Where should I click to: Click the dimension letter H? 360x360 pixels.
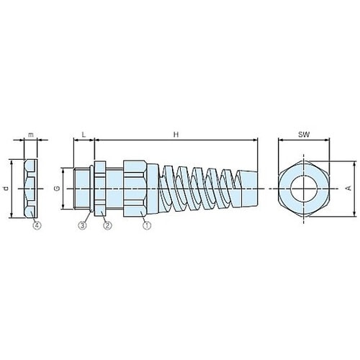coord(176,135)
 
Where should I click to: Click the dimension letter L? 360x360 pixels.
coord(84,135)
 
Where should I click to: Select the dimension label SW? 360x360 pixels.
coord(304,135)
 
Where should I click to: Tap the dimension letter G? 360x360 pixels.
coord(58,189)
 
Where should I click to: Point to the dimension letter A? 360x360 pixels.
coord(349,189)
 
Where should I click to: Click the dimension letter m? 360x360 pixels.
coord(31,135)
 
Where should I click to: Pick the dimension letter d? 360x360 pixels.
coord(6,189)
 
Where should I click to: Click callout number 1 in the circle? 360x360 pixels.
coord(147,225)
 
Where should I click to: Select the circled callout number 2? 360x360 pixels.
coord(107,225)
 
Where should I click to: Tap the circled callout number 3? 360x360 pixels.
coord(82,225)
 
